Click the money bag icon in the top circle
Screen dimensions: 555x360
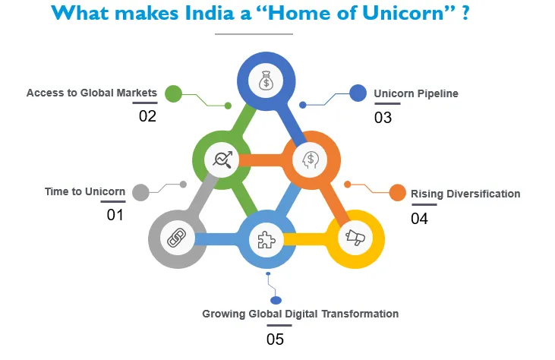[x=266, y=81]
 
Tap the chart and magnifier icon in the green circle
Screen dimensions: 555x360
[x=222, y=159]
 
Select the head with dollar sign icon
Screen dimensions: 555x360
[x=311, y=159]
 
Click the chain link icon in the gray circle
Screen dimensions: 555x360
[x=177, y=238]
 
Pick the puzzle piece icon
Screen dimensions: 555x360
[x=266, y=240]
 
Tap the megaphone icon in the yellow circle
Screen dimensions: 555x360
[x=355, y=237]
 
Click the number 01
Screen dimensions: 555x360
[x=115, y=215]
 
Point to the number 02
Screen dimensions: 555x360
[x=147, y=116]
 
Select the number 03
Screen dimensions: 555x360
[x=383, y=118]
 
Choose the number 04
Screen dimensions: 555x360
[x=419, y=219]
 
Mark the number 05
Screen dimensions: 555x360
[x=275, y=339]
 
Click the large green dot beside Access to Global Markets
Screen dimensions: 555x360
[x=173, y=94]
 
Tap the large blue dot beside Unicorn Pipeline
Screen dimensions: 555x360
[x=358, y=93]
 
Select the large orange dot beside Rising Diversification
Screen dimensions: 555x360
[x=398, y=193]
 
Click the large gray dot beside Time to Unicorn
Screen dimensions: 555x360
[x=141, y=193]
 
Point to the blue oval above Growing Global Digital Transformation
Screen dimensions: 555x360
[x=276, y=301]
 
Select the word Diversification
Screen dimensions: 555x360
[x=483, y=194]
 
